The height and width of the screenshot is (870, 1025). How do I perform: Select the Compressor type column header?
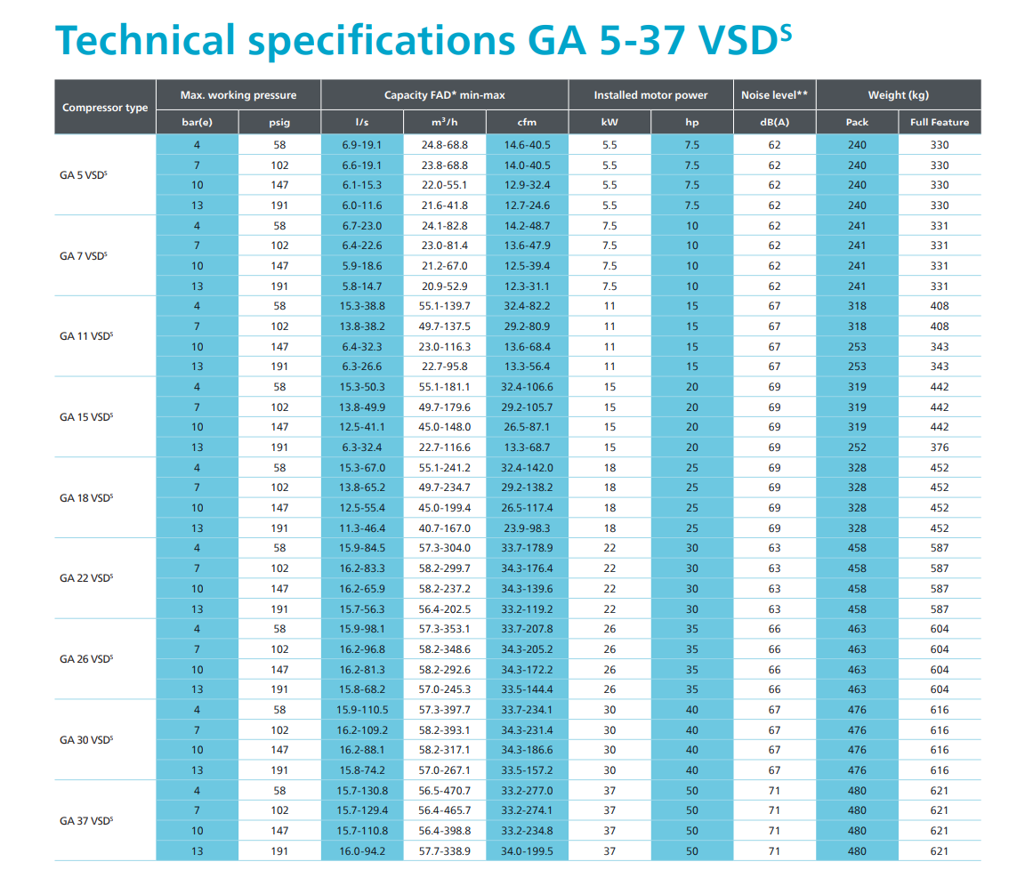pos(105,108)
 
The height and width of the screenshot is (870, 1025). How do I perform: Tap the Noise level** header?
pos(774,95)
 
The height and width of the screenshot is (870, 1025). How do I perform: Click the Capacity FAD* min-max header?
pos(445,95)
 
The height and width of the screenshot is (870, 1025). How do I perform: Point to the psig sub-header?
pos(279,122)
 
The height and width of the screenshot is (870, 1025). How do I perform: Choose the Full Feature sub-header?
pos(940,122)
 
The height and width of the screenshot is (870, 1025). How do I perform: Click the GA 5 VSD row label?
pos(85,175)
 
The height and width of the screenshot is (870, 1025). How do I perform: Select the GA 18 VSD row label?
pos(85,498)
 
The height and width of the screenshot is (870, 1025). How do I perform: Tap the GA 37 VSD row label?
pos(85,821)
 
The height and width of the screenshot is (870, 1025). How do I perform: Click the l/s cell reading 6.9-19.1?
pos(362,145)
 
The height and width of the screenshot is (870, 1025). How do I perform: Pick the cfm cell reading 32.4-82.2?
pos(527,306)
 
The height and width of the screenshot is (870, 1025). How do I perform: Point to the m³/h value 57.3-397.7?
pos(445,710)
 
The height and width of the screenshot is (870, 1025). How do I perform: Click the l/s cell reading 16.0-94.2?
pos(362,851)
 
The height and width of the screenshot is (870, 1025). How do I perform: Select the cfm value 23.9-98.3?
pos(527,528)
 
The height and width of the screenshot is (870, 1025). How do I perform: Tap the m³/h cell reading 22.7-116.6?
pos(445,447)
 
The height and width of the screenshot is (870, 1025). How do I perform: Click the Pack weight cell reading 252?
pos(857,447)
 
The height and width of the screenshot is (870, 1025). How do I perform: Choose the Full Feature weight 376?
pos(940,447)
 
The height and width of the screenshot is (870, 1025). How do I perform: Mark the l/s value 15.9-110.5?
pos(362,710)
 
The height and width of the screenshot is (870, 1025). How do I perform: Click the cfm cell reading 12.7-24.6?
pos(527,205)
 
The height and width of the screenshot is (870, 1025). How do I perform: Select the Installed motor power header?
pos(650,95)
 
